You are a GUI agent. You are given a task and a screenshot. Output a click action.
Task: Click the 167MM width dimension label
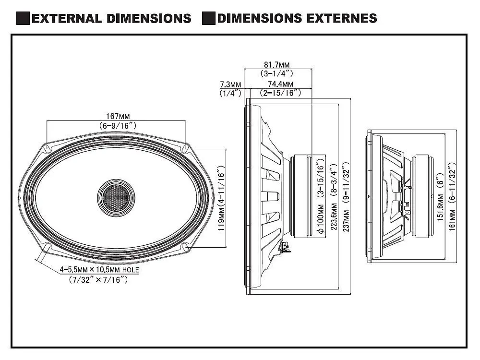pyautogui.click(x=117, y=116)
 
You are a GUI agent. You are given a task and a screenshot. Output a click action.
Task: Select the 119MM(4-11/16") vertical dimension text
pyautogui.click(x=221, y=199)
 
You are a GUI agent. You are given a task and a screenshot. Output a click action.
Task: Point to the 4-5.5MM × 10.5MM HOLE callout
pyautogui.click(x=99, y=270)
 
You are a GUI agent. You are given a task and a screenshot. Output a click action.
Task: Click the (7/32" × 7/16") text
pyautogui.click(x=98, y=280)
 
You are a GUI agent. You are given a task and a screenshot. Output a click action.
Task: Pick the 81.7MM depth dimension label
pyautogui.click(x=276, y=65)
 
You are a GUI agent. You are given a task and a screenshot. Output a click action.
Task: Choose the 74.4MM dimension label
pyautogui.click(x=280, y=84)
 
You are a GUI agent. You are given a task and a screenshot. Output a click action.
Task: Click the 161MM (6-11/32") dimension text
pyautogui.click(x=452, y=197)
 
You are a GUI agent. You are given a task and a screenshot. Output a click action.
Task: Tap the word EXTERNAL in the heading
pyautogui.click(x=66, y=19)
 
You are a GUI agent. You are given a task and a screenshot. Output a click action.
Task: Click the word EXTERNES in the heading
pyautogui.click(x=344, y=19)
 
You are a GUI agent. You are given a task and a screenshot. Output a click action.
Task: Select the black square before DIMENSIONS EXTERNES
pyautogui.click(x=208, y=19)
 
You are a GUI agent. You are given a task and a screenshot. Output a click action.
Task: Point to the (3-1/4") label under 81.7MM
pyautogui.click(x=276, y=74)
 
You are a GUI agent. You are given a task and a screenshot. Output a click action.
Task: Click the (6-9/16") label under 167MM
pyautogui.click(x=117, y=125)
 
